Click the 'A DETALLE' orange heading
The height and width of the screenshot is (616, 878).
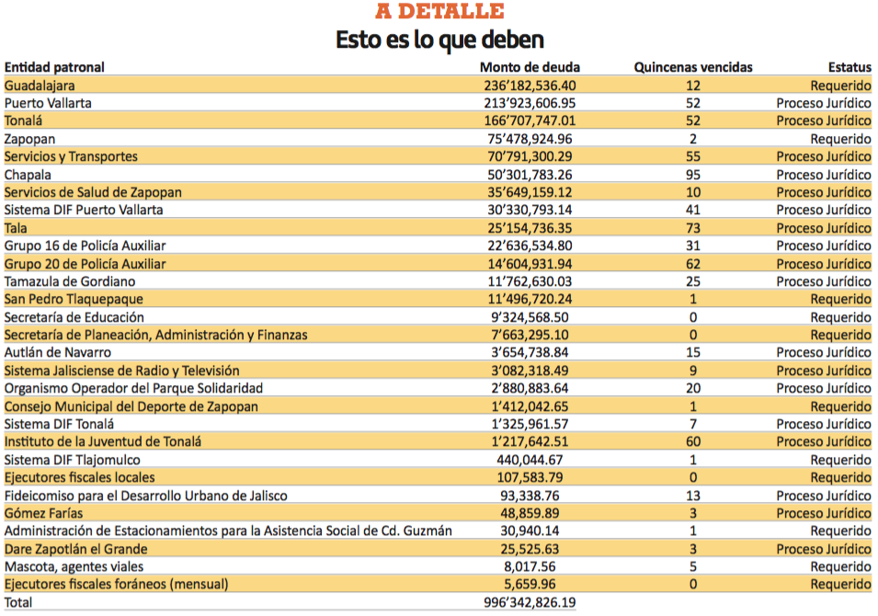tap(439, 11)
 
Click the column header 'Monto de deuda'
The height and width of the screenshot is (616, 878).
tap(530, 67)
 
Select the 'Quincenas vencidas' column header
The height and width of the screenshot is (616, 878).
tap(693, 67)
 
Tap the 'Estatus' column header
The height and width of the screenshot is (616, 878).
tap(850, 67)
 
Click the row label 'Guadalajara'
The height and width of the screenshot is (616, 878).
tap(40, 86)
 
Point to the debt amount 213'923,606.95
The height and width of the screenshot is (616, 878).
tap(530, 103)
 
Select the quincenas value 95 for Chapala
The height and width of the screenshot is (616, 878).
tap(693, 175)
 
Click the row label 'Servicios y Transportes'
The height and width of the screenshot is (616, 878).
tap(71, 157)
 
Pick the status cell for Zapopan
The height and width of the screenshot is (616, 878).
tap(841, 139)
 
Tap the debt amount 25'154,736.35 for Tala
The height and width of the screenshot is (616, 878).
tap(530, 228)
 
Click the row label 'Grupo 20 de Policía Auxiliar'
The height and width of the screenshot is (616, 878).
tap(86, 264)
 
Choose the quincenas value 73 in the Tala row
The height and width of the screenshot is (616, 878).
tap(693, 228)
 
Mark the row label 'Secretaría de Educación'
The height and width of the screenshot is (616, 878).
tap(74, 317)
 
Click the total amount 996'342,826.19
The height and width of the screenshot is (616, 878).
tap(530, 602)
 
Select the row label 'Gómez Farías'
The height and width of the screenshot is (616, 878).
tap(44, 514)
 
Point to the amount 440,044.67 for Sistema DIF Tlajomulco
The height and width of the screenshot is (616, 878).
tap(530, 460)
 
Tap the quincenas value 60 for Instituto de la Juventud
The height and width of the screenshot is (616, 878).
tap(693, 442)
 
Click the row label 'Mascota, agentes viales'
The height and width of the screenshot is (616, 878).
tap(74, 566)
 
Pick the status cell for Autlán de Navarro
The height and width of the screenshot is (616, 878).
tap(824, 353)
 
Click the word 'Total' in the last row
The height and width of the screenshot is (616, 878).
tap(18, 602)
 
